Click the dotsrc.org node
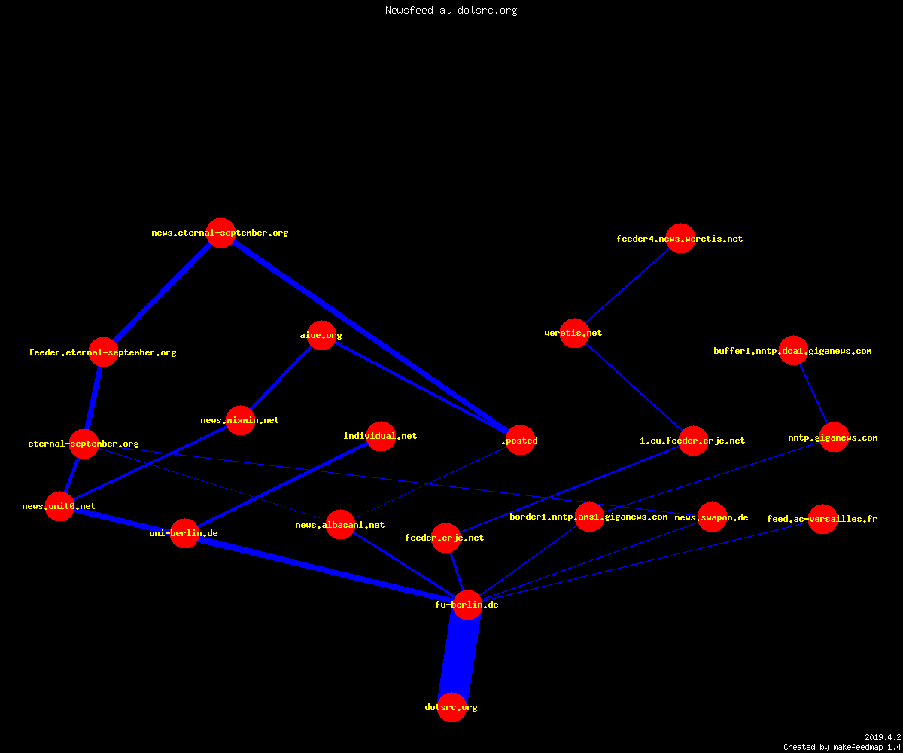[x=451, y=707]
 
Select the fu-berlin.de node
[x=467, y=605]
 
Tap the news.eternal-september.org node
[x=220, y=233]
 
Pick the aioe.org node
[x=321, y=335]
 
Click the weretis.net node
[x=574, y=333]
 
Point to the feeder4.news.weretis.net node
[x=680, y=239]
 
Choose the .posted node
[x=520, y=440]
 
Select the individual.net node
[x=381, y=436]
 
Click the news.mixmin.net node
[x=240, y=420]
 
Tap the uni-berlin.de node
[x=184, y=533]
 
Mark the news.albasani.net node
[x=340, y=525]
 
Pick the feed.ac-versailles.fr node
[x=822, y=519]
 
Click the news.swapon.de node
[x=712, y=517]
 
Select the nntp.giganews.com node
[x=834, y=437]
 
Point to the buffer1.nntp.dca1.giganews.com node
[x=793, y=351]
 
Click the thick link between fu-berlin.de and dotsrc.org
[x=459, y=656]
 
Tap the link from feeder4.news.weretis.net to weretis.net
[x=627, y=285]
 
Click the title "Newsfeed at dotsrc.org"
[x=451, y=10]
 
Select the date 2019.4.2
[x=883, y=737]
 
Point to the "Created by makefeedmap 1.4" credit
[x=842, y=747]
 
